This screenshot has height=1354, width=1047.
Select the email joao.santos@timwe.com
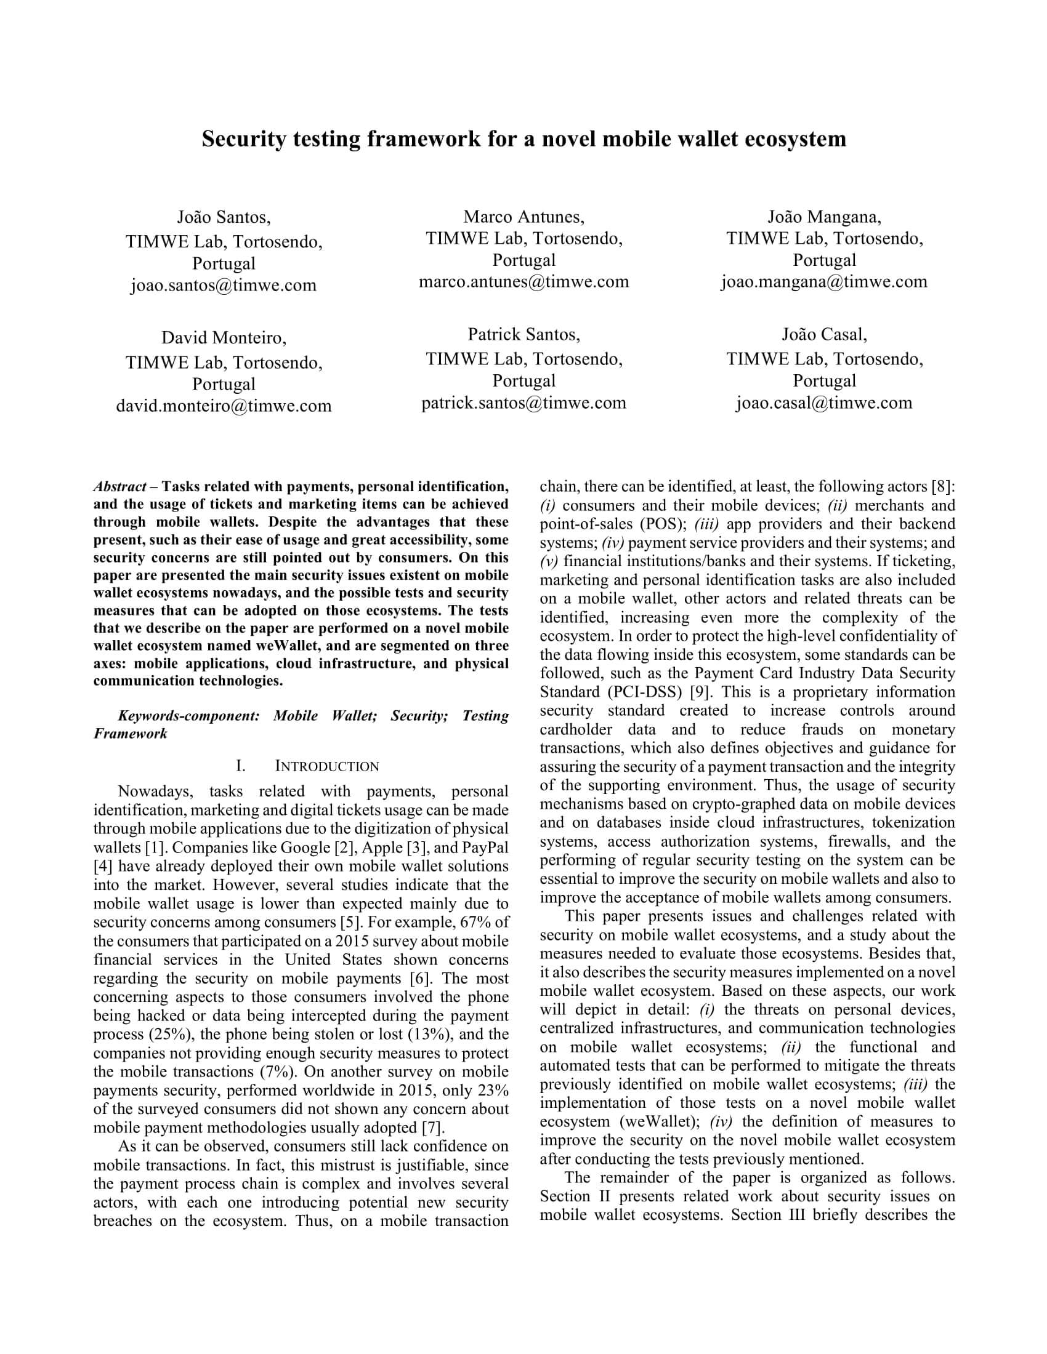coord(224,285)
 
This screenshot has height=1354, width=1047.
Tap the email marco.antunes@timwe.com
coord(523,281)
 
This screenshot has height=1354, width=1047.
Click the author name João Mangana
coord(824,217)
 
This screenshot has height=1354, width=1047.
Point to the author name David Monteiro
coord(224,338)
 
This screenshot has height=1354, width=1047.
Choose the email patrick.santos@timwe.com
coord(523,403)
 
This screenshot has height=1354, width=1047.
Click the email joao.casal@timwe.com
coord(824,403)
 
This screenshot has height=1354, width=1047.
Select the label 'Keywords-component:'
coord(188,716)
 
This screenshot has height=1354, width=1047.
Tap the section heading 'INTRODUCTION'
coord(327,767)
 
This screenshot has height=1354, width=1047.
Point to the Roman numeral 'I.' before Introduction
coord(241,767)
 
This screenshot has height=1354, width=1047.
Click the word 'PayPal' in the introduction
coord(488,847)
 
